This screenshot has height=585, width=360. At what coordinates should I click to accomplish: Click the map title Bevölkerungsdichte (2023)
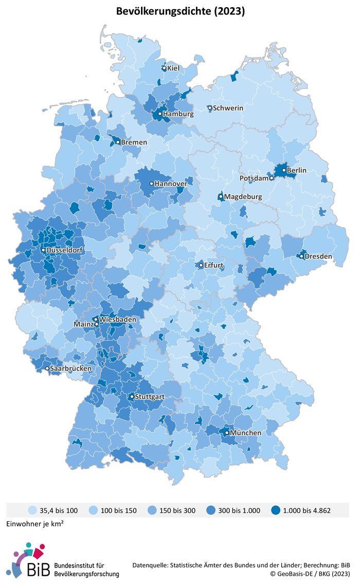(179, 10)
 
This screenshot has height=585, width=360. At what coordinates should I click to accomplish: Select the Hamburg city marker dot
(160, 114)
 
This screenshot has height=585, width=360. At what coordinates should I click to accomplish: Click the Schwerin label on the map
(228, 108)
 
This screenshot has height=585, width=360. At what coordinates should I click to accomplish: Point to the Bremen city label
(134, 142)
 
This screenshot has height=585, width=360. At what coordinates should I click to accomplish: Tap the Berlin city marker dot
(283, 170)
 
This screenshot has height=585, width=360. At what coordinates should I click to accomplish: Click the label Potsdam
(255, 178)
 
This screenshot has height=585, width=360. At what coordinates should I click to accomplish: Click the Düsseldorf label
(64, 250)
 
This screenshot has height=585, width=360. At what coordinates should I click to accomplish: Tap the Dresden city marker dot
(301, 256)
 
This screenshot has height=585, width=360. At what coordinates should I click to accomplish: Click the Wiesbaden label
(118, 320)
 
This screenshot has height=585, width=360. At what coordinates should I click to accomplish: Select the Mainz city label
(84, 325)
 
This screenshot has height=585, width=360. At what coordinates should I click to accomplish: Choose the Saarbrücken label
(71, 369)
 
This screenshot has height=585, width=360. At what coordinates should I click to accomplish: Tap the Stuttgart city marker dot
(132, 397)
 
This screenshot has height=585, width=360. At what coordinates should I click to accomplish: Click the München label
(245, 433)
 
